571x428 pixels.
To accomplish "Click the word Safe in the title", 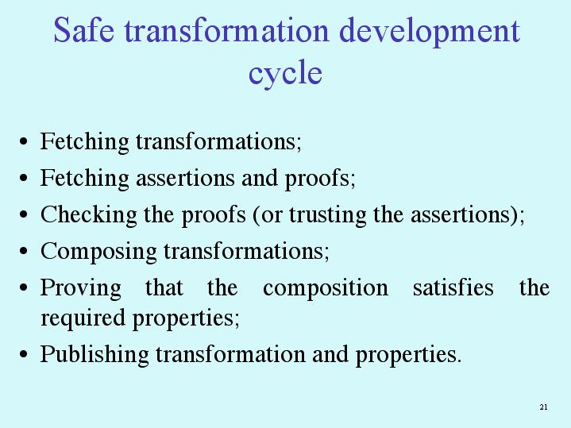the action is [83, 30].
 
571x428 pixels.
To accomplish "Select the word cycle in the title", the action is [285, 74].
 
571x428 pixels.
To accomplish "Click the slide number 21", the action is [544, 407].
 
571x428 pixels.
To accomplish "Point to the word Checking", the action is [88, 215].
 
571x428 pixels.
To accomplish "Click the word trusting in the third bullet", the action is [328, 215].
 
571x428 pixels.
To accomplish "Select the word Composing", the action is [98, 252].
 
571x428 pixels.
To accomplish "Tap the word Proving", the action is [81, 288].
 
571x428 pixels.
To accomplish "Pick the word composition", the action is [326, 288].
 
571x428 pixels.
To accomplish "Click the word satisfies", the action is [453, 287].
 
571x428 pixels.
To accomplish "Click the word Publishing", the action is [95, 354].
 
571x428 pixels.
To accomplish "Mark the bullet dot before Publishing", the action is [24, 354].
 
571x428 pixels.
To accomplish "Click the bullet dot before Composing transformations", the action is [24, 251].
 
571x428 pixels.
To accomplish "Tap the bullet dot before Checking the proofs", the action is [24, 214].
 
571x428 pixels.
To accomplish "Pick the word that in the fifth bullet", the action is [164, 287].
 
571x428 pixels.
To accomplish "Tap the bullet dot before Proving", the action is [24, 287].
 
